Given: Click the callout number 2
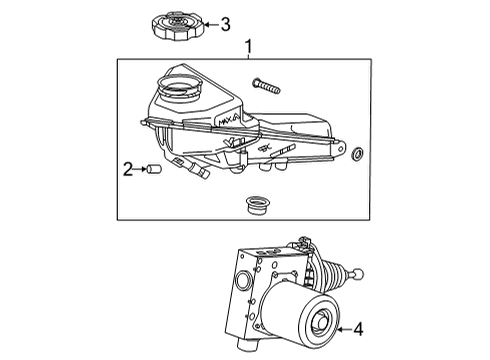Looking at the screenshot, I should pyautogui.click(x=128, y=168).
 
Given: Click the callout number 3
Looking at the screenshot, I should pyautogui.click(x=225, y=23).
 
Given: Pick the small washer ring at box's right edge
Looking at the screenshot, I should pyautogui.click(x=358, y=156).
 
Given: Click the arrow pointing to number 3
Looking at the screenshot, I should pyautogui.click(x=210, y=23).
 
